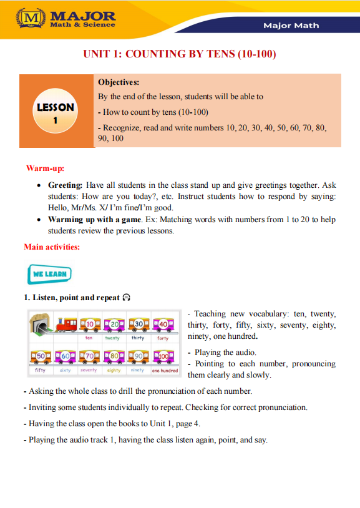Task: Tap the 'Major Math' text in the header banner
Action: click(291, 26)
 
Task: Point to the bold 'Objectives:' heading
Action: click(119, 82)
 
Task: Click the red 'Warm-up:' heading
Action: click(45, 168)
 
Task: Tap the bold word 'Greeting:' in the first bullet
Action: click(66, 185)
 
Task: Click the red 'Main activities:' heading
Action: click(52, 247)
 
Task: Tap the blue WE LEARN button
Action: click(49, 274)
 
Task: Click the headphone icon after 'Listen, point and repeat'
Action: click(126, 298)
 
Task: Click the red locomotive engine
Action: click(64, 325)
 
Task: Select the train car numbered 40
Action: click(163, 325)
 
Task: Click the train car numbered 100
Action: click(164, 358)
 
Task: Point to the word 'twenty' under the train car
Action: click(112, 338)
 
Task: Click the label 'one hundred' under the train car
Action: click(165, 370)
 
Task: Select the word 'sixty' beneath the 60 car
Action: click(65, 370)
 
